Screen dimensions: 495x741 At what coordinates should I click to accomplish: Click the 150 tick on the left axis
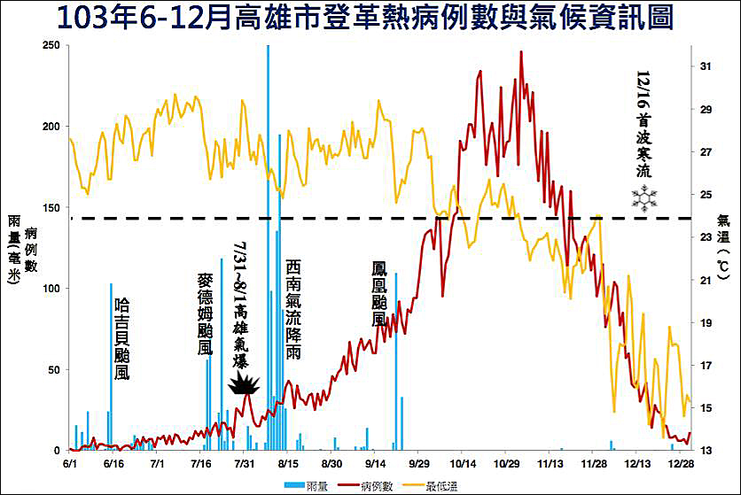(x=51, y=207)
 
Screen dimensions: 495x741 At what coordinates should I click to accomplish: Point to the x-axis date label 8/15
(x=288, y=463)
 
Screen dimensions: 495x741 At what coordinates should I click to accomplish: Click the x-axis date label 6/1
(x=71, y=463)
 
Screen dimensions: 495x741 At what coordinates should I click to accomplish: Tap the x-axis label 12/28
(x=680, y=463)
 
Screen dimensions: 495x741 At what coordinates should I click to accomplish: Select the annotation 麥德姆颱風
(x=205, y=314)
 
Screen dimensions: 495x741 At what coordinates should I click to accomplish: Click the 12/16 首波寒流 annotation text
(x=644, y=124)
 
